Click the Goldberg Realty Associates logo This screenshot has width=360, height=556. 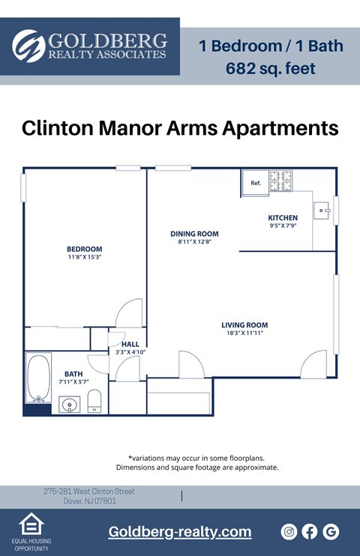point(90,46)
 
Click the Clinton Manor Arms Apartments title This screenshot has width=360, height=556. point(180,127)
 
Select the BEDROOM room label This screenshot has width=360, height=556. point(84,249)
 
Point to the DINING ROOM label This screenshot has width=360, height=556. point(194,234)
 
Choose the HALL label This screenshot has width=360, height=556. point(130,345)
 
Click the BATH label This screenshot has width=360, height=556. point(73,374)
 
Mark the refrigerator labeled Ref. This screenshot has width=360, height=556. point(255,183)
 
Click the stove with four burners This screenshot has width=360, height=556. point(281,181)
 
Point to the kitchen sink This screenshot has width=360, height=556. point(323,211)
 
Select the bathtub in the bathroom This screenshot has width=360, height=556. point(39,379)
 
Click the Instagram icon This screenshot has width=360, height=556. point(289,531)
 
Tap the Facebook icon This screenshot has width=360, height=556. point(310,531)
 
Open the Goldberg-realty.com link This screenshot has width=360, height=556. point(180,532)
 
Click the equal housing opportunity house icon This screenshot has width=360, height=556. point(31,525)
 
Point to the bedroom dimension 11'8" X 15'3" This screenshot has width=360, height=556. point(84,258)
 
